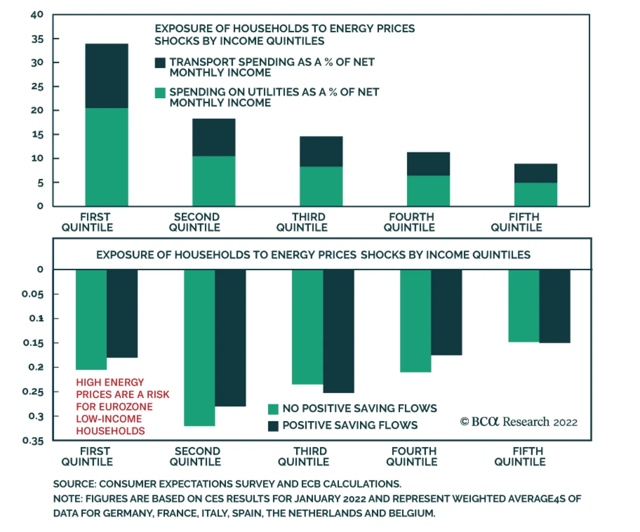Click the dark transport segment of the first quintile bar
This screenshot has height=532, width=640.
point(106,76)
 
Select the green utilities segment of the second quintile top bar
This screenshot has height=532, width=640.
point(214,181)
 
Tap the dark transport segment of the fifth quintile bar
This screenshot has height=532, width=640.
point(536,173)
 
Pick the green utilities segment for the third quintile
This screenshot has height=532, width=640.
point(321,186)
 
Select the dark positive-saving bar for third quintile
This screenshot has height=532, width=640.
point(338,331)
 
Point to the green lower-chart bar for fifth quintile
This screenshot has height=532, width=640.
point(524,306)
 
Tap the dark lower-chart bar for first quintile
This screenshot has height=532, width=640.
point(122,313)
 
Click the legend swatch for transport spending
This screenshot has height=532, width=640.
point(160,63)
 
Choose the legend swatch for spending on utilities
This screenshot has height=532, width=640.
point(160,93)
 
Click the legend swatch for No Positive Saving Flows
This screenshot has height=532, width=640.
point(273,409)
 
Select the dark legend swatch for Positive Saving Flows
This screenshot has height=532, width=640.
point(273,426)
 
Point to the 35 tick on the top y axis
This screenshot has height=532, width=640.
point(37,39)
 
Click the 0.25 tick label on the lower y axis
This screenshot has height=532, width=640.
point(33,392)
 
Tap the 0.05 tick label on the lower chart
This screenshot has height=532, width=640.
point(33,294)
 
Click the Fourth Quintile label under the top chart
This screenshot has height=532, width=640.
point(409,222)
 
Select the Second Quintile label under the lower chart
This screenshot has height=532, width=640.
point(195,456)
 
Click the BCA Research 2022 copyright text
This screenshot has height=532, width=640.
point(519,422)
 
